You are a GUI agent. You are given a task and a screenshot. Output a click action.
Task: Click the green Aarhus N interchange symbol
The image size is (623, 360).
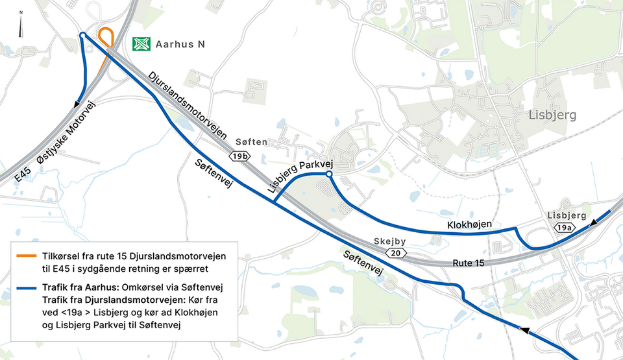coord(141,43)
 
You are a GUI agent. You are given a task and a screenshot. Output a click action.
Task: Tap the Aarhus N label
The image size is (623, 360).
coord(180,44)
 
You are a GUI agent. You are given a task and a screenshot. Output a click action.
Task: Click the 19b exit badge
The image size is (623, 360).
coord(239,156)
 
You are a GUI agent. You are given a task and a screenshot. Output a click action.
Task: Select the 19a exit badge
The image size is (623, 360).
coord(565,228)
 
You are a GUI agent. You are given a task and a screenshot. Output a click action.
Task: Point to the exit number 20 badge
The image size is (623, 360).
coord(396,253)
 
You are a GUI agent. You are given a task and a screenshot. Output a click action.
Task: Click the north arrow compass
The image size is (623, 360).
coord(21,24)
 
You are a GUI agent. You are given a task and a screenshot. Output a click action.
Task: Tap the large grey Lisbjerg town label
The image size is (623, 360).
coord(552,115)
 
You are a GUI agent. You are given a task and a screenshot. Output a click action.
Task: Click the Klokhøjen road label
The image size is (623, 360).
coord(469,224)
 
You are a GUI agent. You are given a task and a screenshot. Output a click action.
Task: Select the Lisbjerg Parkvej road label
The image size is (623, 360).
coord(300,176)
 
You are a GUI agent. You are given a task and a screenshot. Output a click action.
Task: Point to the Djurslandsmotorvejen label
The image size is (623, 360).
coord(188,106)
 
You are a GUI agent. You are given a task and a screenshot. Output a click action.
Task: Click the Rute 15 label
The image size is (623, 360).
coord(469,263)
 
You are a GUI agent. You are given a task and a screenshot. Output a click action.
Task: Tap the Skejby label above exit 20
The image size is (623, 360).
coord(390,241)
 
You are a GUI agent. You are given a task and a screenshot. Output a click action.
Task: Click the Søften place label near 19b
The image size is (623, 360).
coord(252,142)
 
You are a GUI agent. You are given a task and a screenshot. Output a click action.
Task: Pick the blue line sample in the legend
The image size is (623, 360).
coord(27,287)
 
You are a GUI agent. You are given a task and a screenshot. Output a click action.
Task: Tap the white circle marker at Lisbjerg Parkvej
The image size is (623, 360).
coord(329,174)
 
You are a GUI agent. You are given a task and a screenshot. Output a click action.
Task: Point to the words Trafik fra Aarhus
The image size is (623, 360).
coord(80,287)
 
